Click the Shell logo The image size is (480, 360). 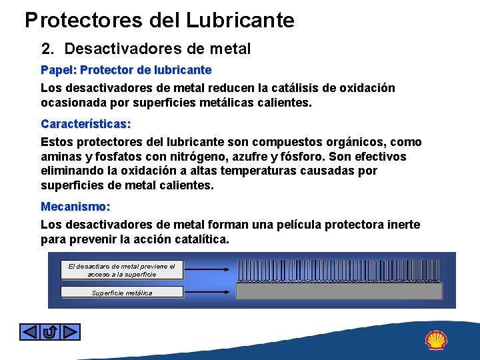(x=436, y=340)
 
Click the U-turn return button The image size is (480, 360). (x=49, y=331)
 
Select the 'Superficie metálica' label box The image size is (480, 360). (x=121, y=292)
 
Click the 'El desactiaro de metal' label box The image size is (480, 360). (x=121, y=270)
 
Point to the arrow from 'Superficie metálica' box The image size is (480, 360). (x=209, y=292)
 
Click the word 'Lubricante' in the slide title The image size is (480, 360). (x=240, y=20)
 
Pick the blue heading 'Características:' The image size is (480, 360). (x=86, y=124)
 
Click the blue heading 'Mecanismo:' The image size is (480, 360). (x=75, y=207)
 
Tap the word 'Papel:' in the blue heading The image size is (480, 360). (x=59, y=70)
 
